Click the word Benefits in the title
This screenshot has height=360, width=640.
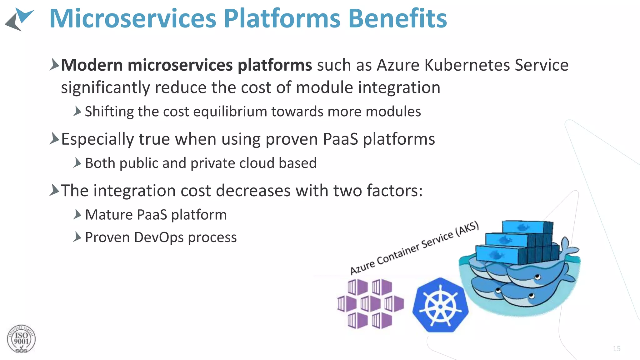[397, 18]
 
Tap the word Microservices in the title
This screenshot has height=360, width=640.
[133, 18]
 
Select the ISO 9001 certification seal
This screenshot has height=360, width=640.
[21, 339]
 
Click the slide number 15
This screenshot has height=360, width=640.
[616, 348]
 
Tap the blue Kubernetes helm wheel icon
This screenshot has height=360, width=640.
[440, 305]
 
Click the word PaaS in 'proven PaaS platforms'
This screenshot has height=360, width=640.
[340, 139]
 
